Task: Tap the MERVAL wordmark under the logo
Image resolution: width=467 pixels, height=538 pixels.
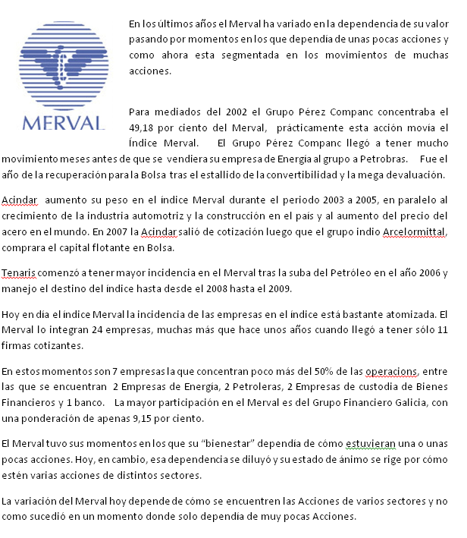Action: (64, 123)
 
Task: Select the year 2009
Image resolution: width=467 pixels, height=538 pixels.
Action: (290, 288)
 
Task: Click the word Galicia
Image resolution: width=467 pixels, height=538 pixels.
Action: (409, 402)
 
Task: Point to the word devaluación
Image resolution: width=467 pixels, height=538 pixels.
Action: (412, 175)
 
